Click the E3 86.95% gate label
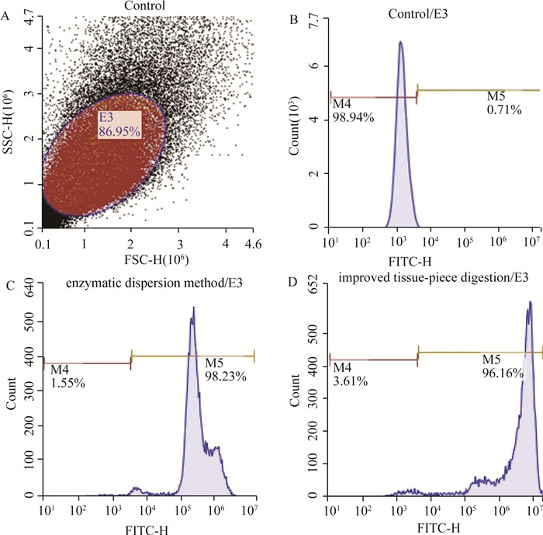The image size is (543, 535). [x=119, y=125]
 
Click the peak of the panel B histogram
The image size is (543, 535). [x=400, y=43]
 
